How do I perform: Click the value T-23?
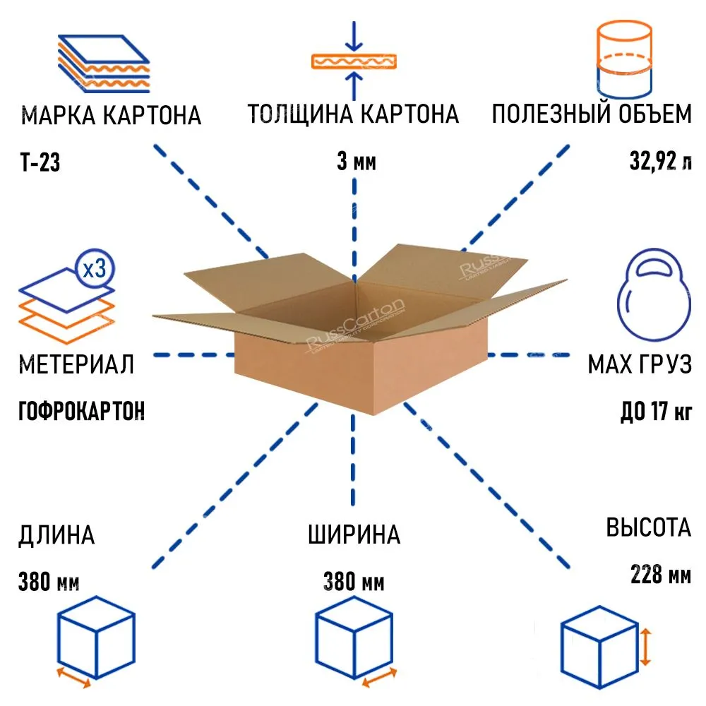[x=40, y=164]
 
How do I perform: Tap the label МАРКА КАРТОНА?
[x=112, y=115]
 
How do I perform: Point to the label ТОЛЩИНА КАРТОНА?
[x=353, y=114]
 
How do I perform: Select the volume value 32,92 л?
[x=661, y=162]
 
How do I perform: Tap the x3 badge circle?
[x=94, y=269]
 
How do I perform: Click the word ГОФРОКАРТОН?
[x=81, y=410]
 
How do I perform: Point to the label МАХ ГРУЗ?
[x=640, y=364]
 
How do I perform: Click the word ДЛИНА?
[x=56, y=535]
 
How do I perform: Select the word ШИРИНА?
[x=354, y=534]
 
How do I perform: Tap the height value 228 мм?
[x=661, y=575]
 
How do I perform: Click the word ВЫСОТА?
[x=648, y=527]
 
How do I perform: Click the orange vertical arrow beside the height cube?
[x=645, y=648]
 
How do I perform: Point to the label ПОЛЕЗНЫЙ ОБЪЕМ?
[x=592, y=114]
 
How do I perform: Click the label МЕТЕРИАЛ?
[x=76, y=364]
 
